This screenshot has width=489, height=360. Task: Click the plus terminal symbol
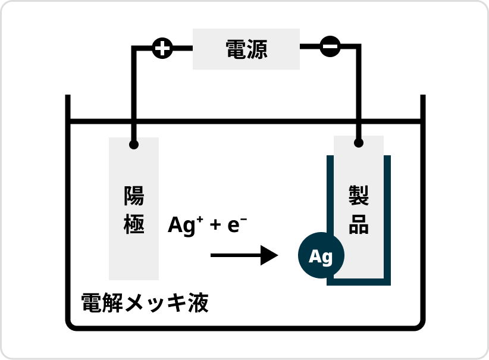pyautogui.click(x=162, y=48)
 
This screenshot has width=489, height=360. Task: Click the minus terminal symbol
pyautogui.click(x=330, y=46)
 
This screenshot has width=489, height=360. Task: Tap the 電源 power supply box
pyautogui.click(x=246, y=49)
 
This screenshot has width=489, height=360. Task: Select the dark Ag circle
pyautogui.click(x=321, y=256)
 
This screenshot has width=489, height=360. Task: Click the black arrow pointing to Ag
pyautogui.click(x=244, y=256)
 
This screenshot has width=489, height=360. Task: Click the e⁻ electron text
pyautogui.click(x=237, y=225)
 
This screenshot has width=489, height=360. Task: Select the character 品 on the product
pyautogui.click(x=359, y=225)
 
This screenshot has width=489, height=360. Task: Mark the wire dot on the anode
pyautogui.click(x=134, y=145)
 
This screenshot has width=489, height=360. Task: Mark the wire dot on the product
pyautogui.click(x=358, y=143)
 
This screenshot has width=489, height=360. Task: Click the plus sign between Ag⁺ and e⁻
pyautogui.click(x=215, y=226)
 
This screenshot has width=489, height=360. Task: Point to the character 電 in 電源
pyautogui.click(x=236, y=49)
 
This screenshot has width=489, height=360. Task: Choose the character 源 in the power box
pyautogui.click(x=257, y=49)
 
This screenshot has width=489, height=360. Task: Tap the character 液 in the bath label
pyautogui.click(x=199, y=303)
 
